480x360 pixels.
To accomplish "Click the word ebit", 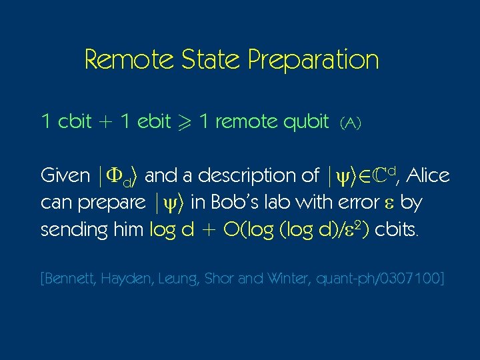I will [x=153, y=121].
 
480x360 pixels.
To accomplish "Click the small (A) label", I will [x=350, y=123].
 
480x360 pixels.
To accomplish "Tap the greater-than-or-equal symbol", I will [x=185, y=122].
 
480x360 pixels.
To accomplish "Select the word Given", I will [x=65, y=175].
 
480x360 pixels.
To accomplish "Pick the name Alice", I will [x=427, y=175].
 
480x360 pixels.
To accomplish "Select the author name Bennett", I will [x=71, y=278].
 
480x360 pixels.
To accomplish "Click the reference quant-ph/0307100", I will [x=385, y=278].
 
